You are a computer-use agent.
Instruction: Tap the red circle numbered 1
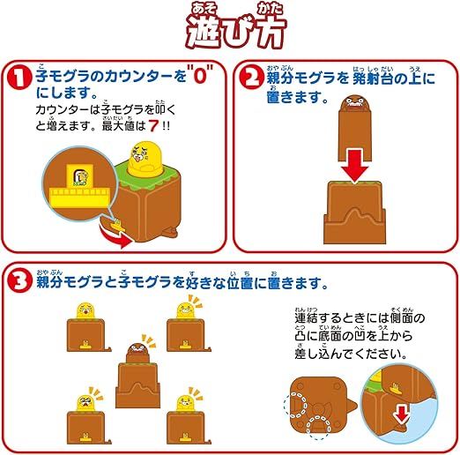tap(19, 78)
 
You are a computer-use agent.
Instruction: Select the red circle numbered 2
tap(251, 77)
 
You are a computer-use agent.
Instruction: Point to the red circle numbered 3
tap(19, 281)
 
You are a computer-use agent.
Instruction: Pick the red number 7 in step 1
tap(153, 126)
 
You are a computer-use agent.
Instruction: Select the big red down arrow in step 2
tap(355, 166)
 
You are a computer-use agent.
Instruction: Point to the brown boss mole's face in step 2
tap(355, 102)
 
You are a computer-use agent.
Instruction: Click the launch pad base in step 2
tap(354, 213)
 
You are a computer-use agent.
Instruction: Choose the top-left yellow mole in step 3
tap(86, 311)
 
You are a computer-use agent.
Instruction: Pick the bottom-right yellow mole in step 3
tap(186, 403)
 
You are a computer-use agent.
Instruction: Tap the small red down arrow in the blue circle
tap(402, 414)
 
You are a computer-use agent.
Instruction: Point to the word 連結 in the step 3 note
tap(307, 318)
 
